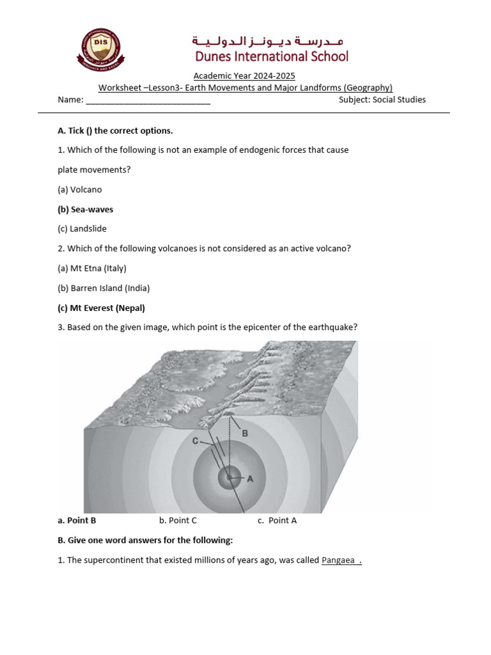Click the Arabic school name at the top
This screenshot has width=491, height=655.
[x=270, y=42]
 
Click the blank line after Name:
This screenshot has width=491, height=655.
[x=148, y=100]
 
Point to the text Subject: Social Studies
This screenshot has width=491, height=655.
[x=382, y=100]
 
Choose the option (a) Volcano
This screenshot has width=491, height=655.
[x=80, y=190]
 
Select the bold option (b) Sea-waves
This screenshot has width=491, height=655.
[x=86, y=209]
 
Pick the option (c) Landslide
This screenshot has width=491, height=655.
[x=82, y=229]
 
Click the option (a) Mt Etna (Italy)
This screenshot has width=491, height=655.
[x=92, y=269]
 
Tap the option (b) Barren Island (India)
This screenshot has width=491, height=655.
[x=104, y=288]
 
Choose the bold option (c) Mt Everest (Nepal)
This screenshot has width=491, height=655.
[x=102, y=308]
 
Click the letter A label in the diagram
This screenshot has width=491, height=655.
[x=251, y=478]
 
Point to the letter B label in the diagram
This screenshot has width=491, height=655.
[x=244, y=433]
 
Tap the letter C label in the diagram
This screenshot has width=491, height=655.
[x=196, y=441]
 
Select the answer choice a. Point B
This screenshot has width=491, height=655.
[x=77, y=521]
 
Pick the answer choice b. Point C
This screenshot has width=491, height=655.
[x=178, y=521]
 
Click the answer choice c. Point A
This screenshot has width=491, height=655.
[x=277, y=521]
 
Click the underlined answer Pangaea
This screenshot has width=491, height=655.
[x=339, y=561]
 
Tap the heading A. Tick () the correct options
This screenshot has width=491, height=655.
[x=115, y=131]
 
